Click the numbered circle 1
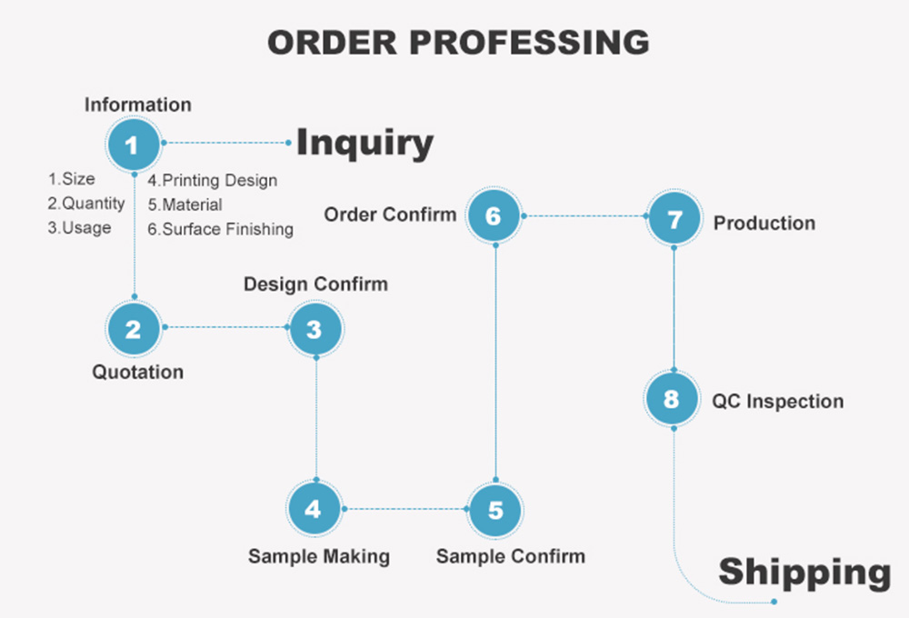pos(134,144)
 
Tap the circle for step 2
pos(134,328)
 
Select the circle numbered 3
pos(315,328)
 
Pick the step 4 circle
pos(314,509)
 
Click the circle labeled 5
pos(494,509)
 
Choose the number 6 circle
pos(494,216)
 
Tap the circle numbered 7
pos(674,218)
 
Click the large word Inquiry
pos(365,144)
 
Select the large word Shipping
pos(804,573)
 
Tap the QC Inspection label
pos(778,401)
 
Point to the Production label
pos(764,223)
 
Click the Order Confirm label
pos(391,214)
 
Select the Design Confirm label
pos(315,284)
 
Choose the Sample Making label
pos(319,555)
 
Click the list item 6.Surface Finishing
pos(221,229)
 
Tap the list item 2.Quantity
pos(86,204)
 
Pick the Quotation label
pos(138,372)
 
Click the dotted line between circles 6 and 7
pos(584,216)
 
